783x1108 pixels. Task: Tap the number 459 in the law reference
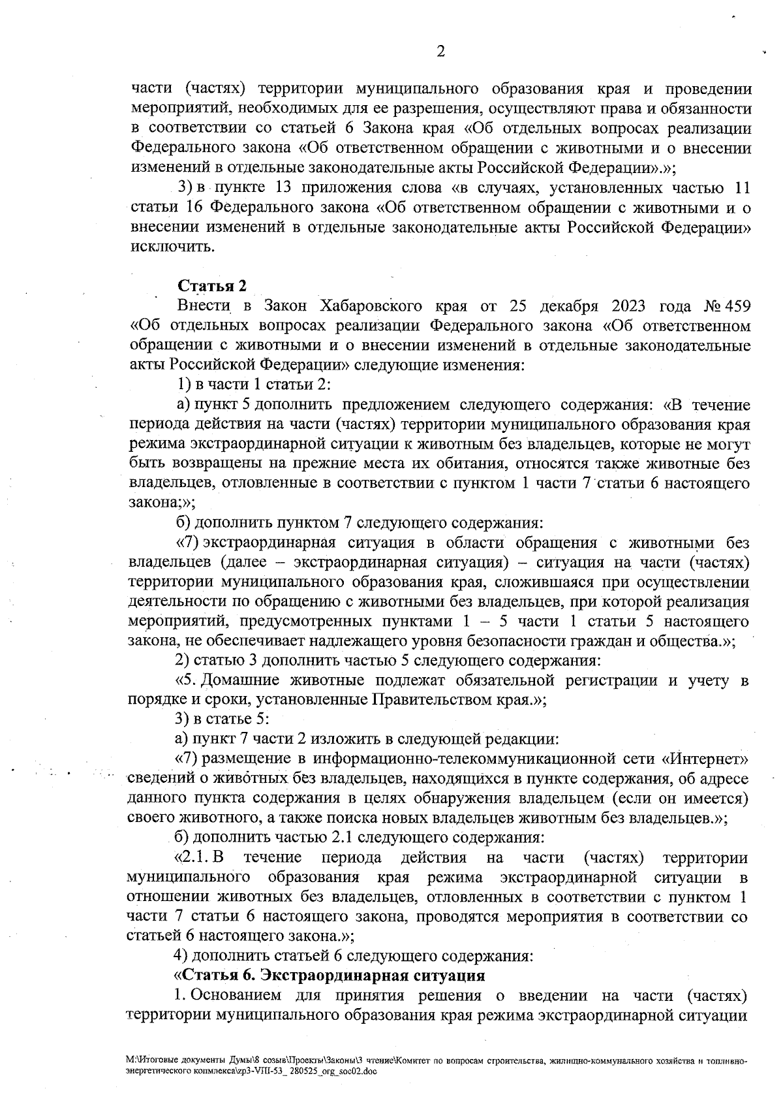pos(735,306)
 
